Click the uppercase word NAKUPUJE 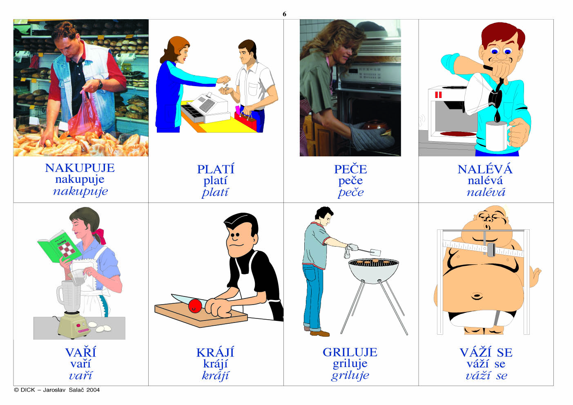[80, 168]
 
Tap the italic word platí [215, 193]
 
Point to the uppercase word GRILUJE [350, 352]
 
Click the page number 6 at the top [284, 14]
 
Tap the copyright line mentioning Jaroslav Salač [57, 390]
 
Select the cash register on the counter [206, 109]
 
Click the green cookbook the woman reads [59, 246]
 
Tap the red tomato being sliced [195, 306]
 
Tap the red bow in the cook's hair [100, 236]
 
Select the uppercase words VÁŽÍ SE [486, 353]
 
